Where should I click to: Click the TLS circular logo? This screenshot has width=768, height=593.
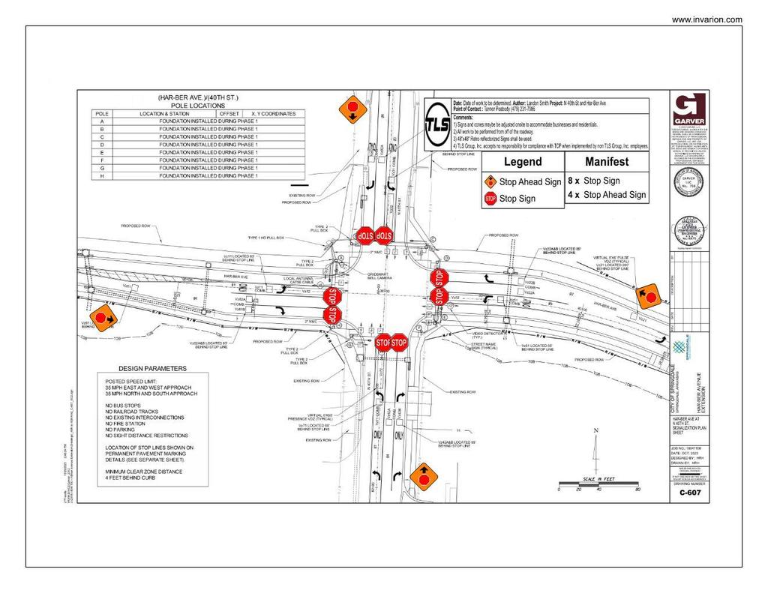click(438, 124)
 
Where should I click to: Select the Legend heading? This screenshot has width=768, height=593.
click(522, 162)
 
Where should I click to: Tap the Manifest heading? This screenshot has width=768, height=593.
click(607, 162)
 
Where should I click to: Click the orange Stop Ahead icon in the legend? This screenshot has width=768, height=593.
click(490, 182)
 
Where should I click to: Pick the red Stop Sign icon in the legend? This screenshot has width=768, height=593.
click(490, 199)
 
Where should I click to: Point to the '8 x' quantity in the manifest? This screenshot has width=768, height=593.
click(574, 181)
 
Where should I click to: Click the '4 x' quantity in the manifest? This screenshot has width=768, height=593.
click(574, 195)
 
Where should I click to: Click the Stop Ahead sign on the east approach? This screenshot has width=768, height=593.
click(648, 296)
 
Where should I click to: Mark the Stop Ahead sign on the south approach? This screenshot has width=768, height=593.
click(423, 476)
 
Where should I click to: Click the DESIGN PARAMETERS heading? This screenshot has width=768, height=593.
click(152, 369)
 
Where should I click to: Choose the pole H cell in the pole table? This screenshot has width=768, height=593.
click(101, 175)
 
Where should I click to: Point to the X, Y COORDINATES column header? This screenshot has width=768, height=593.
click(273, 114)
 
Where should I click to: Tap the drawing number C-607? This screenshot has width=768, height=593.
click(689, 493)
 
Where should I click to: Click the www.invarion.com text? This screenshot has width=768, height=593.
click(706, 19)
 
